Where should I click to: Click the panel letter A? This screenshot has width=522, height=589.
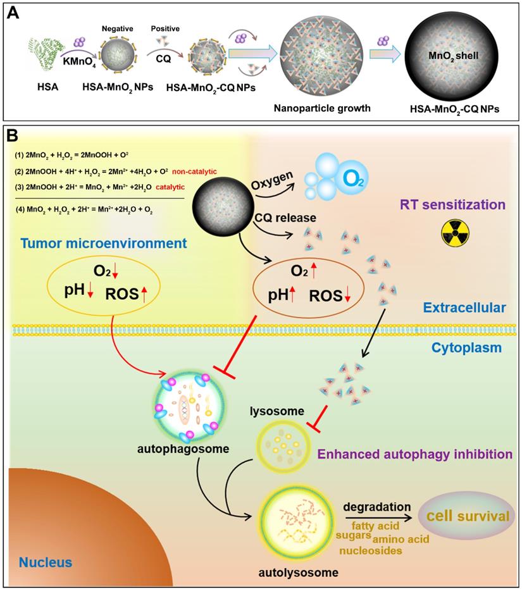(x=11, y=13)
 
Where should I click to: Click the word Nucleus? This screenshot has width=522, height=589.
(x=45, y=561)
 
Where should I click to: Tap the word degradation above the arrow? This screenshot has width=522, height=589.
(x=372, y=506)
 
